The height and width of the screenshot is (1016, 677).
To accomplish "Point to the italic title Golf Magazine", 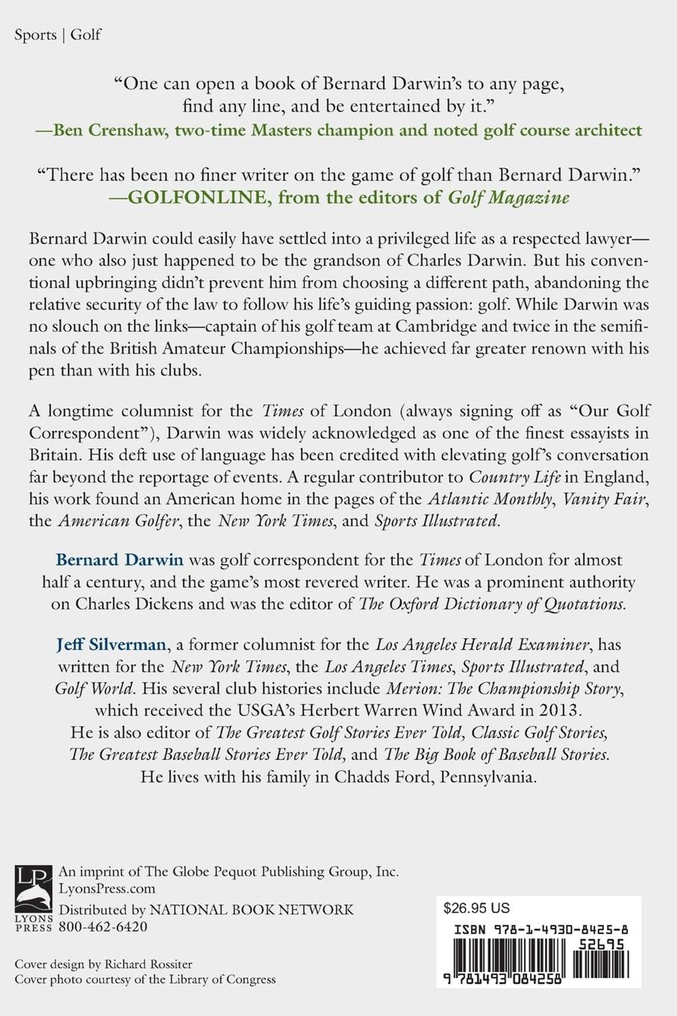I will tap(509, 198).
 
